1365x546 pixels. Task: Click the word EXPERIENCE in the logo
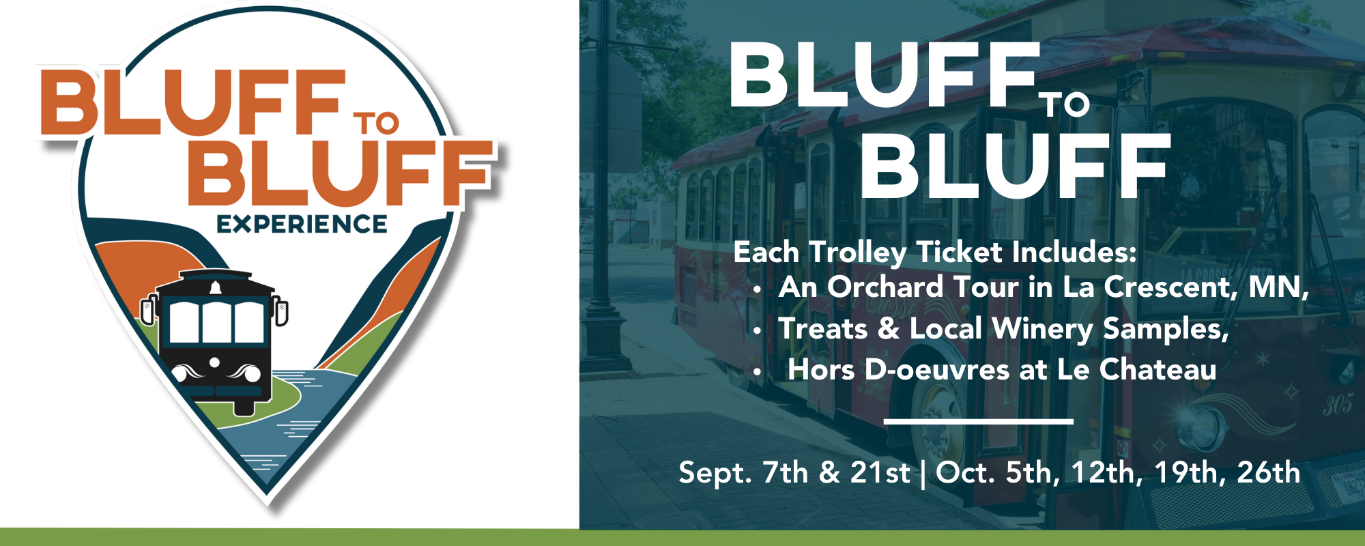(302, 224)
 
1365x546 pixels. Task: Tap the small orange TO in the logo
(375, 123)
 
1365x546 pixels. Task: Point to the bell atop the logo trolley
(216, 287)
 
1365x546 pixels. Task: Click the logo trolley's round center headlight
(214, 362)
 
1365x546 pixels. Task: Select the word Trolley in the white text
(858, 253)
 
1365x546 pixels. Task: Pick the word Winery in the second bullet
(1042, 330)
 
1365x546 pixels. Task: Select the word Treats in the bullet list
(823, 328)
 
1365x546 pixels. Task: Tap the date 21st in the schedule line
(880, 472)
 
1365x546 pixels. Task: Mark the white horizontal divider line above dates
(979, 421)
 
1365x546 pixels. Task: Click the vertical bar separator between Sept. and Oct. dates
(923, 474)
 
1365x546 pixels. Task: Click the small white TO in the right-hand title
(1065, 105)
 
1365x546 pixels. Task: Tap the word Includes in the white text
(1074, 252)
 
